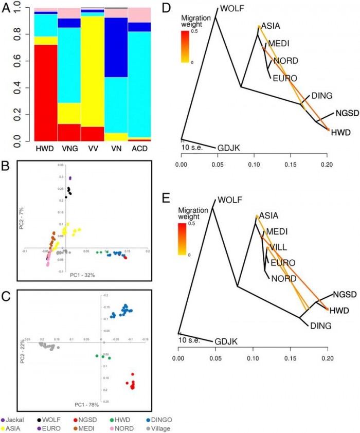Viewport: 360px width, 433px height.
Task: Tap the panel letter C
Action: point(7,296)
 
